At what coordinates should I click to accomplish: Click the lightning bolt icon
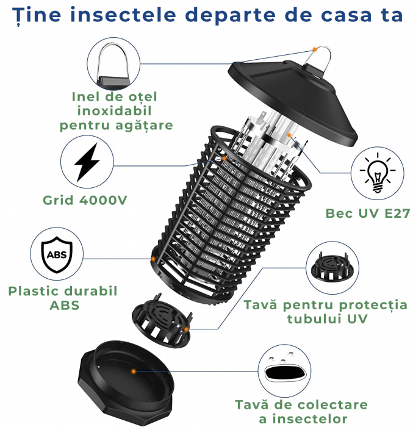(x=87, y=162)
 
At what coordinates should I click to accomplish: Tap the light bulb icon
(x=377, y=173)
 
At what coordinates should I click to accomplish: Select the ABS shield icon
(x=57, y=254)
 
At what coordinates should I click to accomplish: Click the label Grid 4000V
(x=85, y=200)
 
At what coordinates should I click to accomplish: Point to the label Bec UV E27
(x=368, y=213)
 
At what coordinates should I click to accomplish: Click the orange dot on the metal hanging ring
(x=315, y=49)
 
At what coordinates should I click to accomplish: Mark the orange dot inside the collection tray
(x=133, y=371)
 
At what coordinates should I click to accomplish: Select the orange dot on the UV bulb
(x=289, y=135)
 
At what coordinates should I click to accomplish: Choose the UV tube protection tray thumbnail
(x=332, y=267)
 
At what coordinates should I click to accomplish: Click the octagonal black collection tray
(x=126, y=381)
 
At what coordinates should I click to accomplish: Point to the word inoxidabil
(x=114, y=111)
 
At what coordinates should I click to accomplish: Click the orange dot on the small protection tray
(x=186, y=329)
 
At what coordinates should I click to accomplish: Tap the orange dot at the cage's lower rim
(x=153, y=259)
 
